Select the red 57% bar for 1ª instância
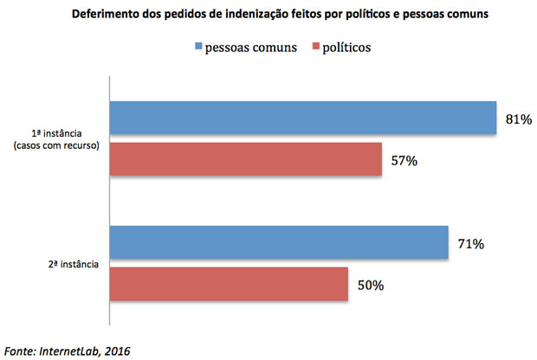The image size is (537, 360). tap(245, 161)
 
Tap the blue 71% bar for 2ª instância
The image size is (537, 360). tap(278, 244)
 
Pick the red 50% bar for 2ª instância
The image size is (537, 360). tap(229, 285)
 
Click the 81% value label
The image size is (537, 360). tap(518, 119)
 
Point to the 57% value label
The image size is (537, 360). tap(404, 161)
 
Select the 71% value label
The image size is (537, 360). tap(470, 244)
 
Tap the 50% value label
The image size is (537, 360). tap(371, 285)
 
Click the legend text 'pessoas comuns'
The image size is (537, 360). tap(251, 47)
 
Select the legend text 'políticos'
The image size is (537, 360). tap(346, 47)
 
